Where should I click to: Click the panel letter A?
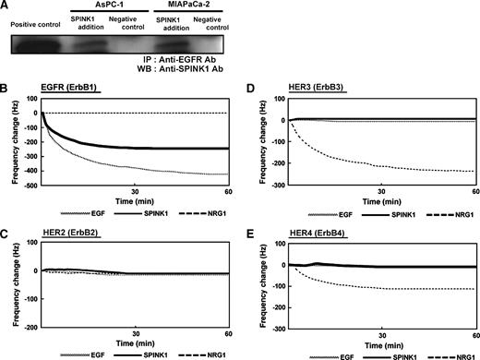click(x=7, y=6)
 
